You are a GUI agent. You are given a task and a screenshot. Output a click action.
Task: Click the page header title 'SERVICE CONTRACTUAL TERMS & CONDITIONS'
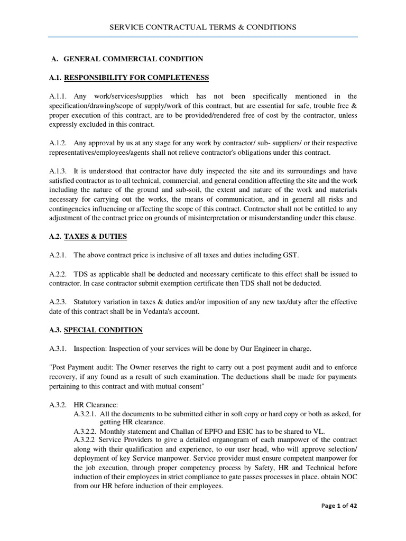coord(202,27)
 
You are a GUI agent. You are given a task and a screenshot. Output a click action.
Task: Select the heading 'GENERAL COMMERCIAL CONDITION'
coord(133,59)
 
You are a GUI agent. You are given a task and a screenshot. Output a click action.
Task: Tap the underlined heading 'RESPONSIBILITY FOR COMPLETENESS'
coord(136,78)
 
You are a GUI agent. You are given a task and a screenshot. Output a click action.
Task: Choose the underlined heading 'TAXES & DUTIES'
coord(95,236)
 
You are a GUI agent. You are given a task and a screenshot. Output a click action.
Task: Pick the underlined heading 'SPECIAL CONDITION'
coord(103,330)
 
